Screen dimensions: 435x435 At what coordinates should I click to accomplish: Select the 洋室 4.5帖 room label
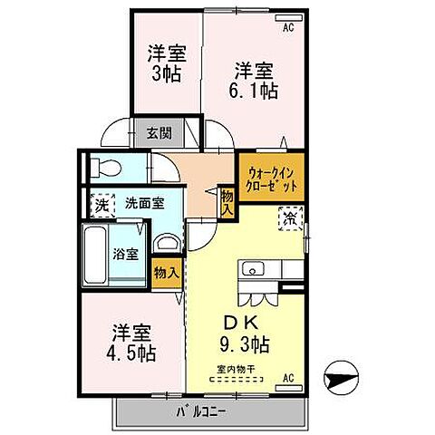133,342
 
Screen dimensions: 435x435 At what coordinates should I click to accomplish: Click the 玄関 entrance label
159,133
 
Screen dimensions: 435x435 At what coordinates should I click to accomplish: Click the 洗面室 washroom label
144,204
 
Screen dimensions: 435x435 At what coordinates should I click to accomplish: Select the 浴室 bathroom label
126,254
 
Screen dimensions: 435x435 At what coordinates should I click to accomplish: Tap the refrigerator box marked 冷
292,218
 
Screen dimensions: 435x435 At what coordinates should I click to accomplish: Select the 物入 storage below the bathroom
165,271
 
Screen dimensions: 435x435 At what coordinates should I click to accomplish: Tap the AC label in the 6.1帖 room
288,28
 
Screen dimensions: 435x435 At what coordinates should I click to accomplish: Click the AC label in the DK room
289,377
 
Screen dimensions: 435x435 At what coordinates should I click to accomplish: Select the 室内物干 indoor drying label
235,369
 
